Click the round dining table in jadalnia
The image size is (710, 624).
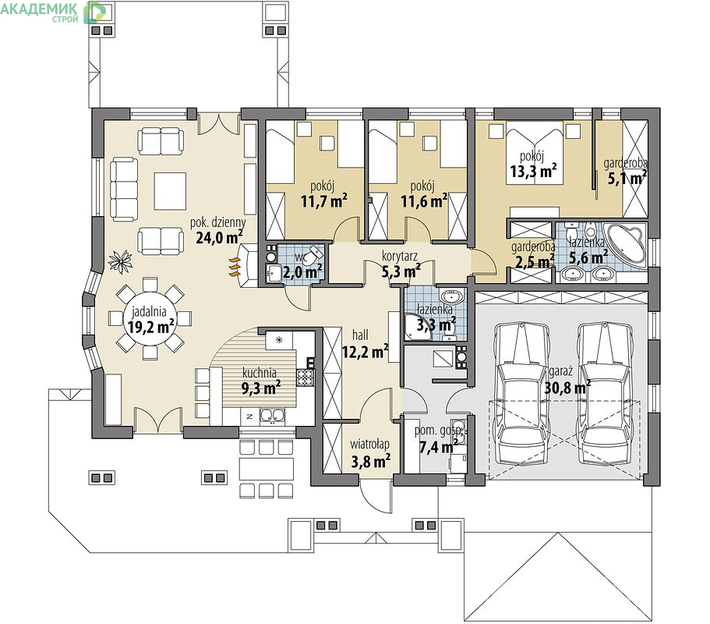150,320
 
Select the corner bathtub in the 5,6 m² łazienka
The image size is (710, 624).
626,243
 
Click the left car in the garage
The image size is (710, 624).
522,392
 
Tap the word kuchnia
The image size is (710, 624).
260,373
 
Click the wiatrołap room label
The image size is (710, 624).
369,445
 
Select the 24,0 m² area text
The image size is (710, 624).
220,237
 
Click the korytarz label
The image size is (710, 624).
400,257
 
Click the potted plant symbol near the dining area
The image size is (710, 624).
121,261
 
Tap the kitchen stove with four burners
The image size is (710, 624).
306,377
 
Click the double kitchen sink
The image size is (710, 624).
272,416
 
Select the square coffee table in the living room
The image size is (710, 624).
170,191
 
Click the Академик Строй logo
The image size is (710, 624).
54,12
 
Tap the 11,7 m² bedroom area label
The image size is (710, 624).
324,200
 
